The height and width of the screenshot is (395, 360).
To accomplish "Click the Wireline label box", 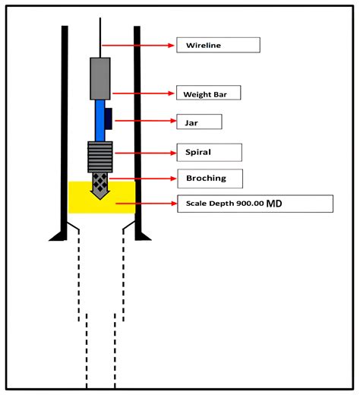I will pos(219,46).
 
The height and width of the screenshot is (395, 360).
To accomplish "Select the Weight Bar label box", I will pos(209,94).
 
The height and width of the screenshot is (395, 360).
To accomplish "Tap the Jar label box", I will pos(199,122).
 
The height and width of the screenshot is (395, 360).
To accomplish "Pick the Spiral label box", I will pos(209,152).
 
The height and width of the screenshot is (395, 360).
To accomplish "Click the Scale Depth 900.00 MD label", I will pos(254,204).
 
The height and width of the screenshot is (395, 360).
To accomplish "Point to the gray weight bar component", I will pos(100,78).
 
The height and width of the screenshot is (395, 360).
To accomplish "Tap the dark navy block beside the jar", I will pos(109,118).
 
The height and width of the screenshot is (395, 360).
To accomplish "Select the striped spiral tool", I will pos(100,156).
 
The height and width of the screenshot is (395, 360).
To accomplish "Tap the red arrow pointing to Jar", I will pos(144,121).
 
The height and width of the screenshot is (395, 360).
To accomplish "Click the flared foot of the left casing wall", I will pos(58,235).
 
